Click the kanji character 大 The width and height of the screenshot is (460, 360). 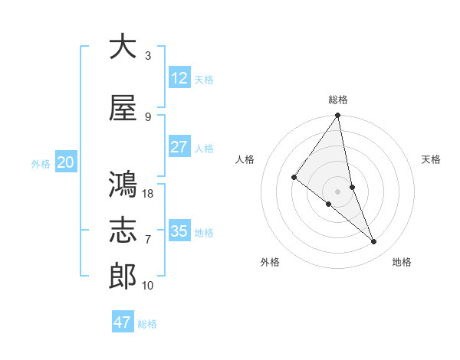point(123,47)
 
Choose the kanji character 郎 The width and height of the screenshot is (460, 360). point(123,277)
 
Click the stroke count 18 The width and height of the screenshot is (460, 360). point(149,194)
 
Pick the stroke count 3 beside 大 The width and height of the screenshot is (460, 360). point(148,56)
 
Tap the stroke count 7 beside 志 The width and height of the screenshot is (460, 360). point(148,240)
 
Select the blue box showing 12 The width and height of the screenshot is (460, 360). point(179,78)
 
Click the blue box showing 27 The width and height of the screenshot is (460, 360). point(179,147)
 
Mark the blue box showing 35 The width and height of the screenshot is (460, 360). point(179,231)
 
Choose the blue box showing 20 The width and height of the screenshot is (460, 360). point(66,162)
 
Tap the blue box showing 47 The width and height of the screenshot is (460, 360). point(123,322)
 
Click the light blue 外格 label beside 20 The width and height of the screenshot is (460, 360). point(41,164)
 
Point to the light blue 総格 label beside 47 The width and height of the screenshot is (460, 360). point(147,324)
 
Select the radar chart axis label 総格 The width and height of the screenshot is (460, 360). point(337,100)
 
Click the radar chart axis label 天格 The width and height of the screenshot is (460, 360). point(431,159)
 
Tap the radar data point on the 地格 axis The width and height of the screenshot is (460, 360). point(374,242)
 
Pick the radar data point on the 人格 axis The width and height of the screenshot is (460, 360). point(294,177)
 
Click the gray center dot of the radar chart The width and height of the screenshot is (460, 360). point(337,191)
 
